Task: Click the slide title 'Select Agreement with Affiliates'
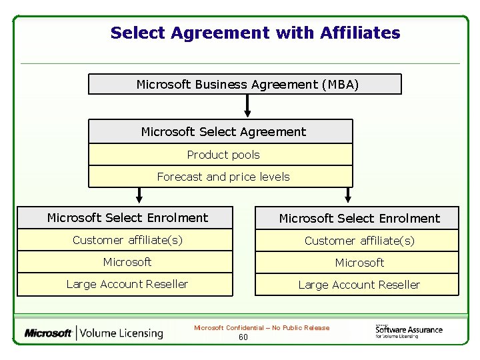255,33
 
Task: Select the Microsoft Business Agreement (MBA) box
245,84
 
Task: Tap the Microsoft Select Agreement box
221,132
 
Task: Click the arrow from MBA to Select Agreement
247,105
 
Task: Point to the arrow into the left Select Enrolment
139,195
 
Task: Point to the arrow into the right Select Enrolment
347,195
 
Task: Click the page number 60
243,337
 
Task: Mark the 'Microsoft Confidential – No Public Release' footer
261,327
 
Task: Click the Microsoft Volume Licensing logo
94,333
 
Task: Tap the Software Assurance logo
408,330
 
